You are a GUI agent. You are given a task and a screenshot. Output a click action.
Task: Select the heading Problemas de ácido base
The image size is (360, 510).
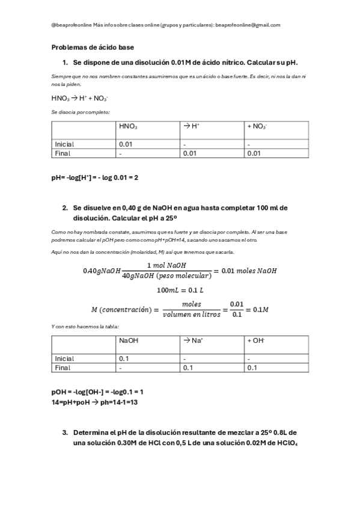tap(93, 47)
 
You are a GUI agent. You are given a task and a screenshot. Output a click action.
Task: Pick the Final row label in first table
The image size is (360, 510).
tap(63, 153)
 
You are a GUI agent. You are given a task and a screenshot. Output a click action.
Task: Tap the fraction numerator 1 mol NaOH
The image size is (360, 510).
tap(166, 266)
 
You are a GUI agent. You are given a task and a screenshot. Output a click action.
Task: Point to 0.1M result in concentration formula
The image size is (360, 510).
tap(260, 310)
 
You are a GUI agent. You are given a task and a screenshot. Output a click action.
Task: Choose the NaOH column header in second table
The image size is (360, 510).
tap(129, 340)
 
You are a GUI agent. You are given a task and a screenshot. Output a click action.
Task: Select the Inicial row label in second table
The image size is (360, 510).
tap(64, 358)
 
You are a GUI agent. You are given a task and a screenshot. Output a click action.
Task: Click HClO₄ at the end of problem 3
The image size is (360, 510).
tap(288, 443)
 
